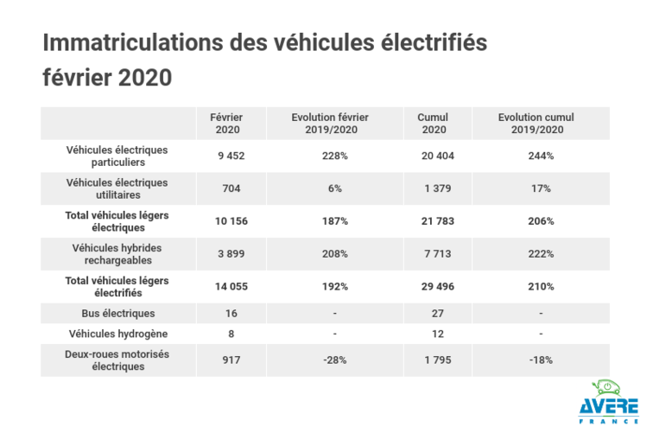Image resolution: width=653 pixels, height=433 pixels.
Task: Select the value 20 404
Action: point(437,156)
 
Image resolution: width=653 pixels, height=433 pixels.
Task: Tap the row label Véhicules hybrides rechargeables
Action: point(117,254)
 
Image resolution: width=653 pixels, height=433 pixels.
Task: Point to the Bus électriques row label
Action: point(117,312)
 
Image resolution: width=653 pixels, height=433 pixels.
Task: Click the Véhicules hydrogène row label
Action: point(117,333)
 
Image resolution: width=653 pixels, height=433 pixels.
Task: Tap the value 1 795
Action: point(437,360)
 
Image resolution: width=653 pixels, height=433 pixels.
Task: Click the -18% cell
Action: point(541,360)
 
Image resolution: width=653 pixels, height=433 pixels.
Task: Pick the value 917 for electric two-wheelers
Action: point(228,360)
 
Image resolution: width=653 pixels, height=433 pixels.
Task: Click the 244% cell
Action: point(541,156)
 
